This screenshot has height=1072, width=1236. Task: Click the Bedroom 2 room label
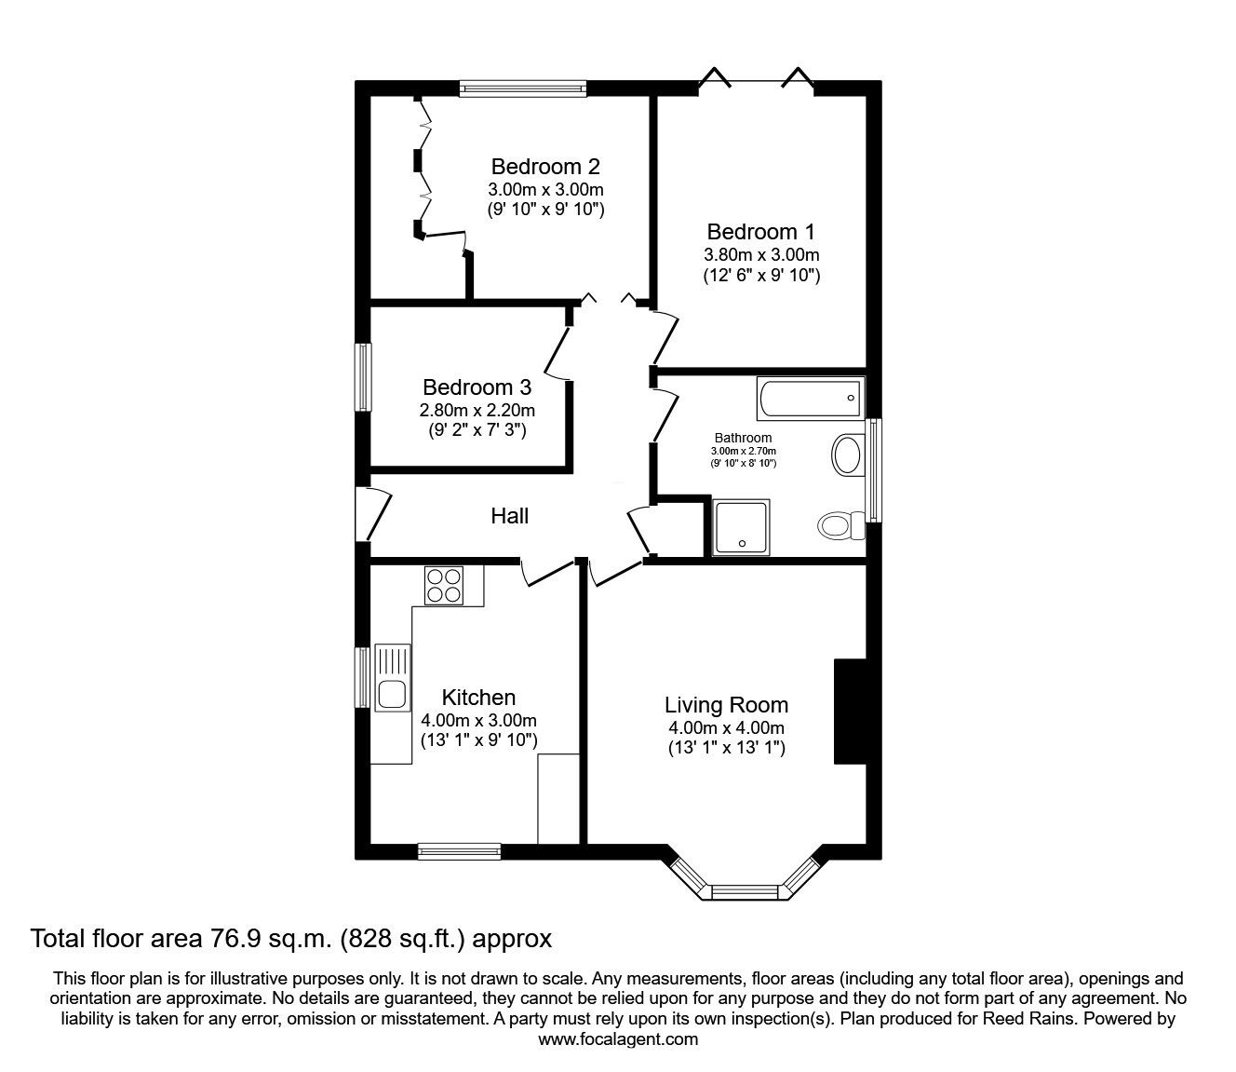click(x=545, y=166)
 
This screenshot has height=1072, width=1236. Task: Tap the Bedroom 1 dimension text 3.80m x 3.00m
click(x=761, y=255)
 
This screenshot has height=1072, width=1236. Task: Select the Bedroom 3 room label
click(x=477, y=387)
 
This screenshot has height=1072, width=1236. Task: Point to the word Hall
click(x=509, y=516)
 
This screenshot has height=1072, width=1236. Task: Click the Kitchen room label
click(x=478, y=698)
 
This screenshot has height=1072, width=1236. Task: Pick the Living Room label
click(x=727, y=705)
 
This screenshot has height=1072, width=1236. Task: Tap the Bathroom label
click(x=744, y=438)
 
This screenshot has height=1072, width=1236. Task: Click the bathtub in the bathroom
click(x=811, y=398)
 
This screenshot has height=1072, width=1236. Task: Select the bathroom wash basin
click(x=847, y=455)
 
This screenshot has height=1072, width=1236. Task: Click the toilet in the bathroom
click(x=840, y=525)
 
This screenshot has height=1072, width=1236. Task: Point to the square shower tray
click(x=742, y=527)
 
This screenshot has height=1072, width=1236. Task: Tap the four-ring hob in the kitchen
click(x=444, y=586)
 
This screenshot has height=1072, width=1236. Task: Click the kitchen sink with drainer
click(x=392, y=677)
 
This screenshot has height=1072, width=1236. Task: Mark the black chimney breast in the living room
click(x=851, y=712)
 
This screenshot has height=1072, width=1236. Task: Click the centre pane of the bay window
click(x=746, y=892)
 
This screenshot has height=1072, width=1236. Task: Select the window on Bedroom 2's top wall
click(x=523, y=88)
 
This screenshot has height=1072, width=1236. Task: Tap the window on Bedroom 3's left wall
click(x=364, y=377)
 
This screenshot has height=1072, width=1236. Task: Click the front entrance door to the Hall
click(x=374, y=513)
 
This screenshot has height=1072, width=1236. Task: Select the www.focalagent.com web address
click(x=618, y=1039)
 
